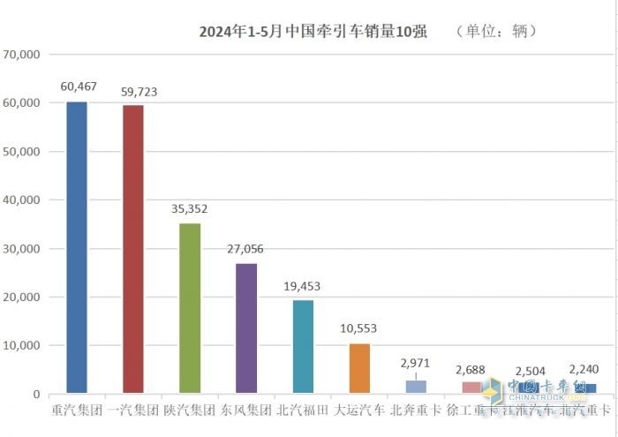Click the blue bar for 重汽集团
[x=77, y=247]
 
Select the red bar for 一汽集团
[x=133, y=249]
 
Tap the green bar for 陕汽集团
[x=190, y=308]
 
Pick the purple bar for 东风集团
[x=246, y=328]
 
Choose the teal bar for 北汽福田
[x=303, y=346]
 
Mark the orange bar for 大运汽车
[x=359, y=368]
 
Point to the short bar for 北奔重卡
[x=416, y=387]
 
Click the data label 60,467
[x=78, y=87]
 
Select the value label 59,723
[x=134, y=91]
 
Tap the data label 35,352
[x=190, y=209]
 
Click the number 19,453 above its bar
[x=303, y=287]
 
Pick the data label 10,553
[x=359, y=328]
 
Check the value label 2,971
[x=416, y=363]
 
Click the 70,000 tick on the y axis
[x=23, y=55]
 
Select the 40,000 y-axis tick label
[x=23, y=200]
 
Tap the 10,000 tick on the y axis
[x=23, y=346]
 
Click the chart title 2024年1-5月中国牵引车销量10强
[x=313, y=32]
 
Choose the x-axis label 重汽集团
[x=77, y=411]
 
